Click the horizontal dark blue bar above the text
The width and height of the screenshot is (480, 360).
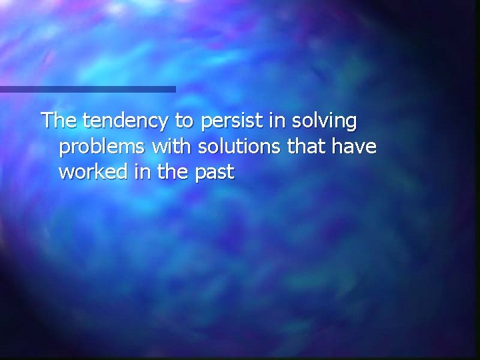(87, 89)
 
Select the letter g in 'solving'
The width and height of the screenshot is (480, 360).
(350, 124)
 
